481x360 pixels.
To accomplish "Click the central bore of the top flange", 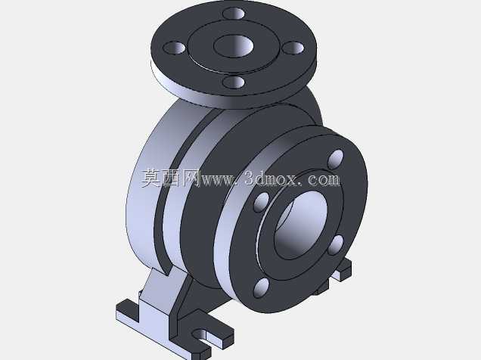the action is [234, 46].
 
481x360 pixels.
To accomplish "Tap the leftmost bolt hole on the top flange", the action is [174, 48].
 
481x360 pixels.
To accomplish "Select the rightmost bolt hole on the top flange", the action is [293, 48].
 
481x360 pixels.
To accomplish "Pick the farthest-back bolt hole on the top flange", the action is [234, 13].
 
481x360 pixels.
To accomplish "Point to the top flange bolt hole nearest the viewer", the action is [234, 82].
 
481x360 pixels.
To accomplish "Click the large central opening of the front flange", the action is [300, 225].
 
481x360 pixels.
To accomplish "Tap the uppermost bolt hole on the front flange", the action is [336, 160].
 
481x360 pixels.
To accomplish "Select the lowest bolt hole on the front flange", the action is [262, 288].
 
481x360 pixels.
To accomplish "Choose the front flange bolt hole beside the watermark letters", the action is [262, 202].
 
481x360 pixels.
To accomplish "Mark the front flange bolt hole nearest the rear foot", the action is [336, 245].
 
